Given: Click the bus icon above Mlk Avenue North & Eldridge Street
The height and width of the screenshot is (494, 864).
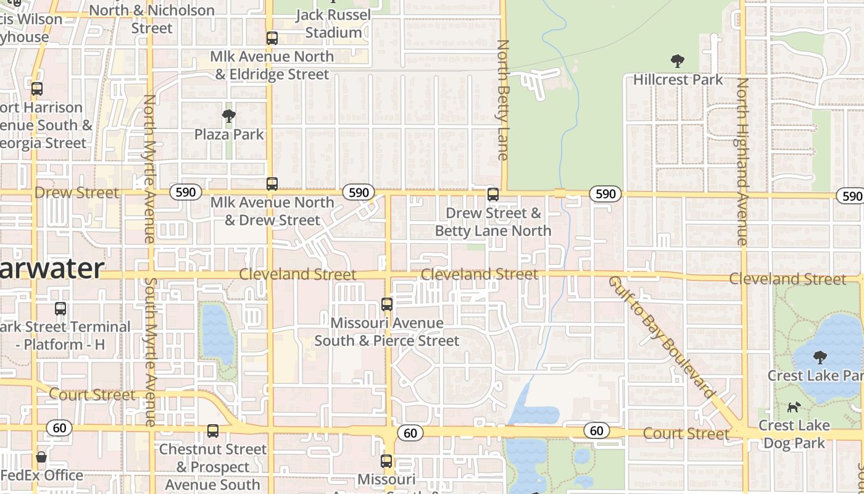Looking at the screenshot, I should pyautogui.click(x=272, y=38).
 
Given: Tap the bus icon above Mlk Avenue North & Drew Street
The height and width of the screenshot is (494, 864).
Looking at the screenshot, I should pyautogui.click(x=272, y=184).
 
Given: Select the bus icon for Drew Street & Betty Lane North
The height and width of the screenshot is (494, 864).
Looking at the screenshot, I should pyautogui.click(x=493, y=195).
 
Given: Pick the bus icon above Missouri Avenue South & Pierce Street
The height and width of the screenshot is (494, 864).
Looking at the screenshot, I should pyautogui.click(x=387, y=304).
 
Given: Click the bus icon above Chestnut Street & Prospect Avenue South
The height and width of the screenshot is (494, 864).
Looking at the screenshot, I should pyautogui.click(x=213, y=431).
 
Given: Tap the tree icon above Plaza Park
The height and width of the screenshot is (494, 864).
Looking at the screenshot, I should pyautogui.click(x=229, y=115).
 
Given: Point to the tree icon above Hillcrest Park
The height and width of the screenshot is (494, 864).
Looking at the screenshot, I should pyautogui.click(x=678, y=61).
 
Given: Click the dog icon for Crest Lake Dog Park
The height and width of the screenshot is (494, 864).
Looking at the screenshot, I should pyautogui.click(x=794, y=407).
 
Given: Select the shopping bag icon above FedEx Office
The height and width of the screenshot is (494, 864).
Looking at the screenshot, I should pyautogui.click(x=41, y=458).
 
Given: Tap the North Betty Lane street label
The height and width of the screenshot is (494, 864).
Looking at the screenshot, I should pyautogui.click(x=503, y=100).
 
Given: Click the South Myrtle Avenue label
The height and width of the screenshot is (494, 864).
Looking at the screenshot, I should pyautogui.click(x=150, y=352).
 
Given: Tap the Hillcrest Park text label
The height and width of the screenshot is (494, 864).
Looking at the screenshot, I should pyautogui.click(x=678, y=80).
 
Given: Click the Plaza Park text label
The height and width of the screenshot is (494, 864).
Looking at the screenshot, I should pyautogui.click(x=229, y=134).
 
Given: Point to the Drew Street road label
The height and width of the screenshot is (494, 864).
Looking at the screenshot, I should pyautogui.click(x=77, y=193).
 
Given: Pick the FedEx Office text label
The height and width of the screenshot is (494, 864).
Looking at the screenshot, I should pyautogui.click(x=41, y=475).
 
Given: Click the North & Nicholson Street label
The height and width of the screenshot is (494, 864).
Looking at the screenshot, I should pyautogui.click(x=152, y=19).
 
